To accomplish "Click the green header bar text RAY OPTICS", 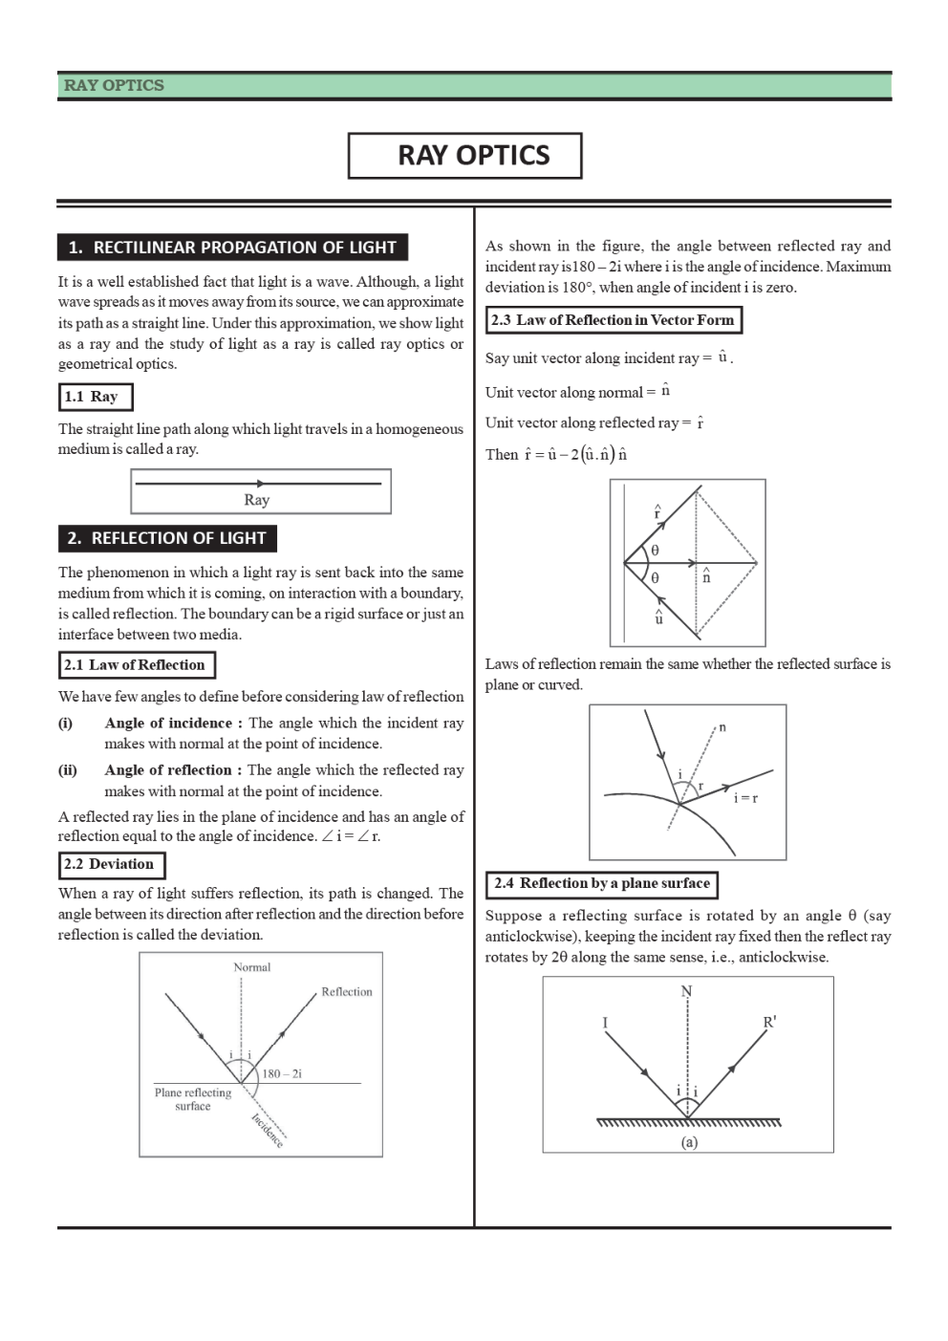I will pos(114,85).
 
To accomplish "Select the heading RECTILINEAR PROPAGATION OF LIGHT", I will pos(232,248).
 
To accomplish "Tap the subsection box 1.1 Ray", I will pos(95,397).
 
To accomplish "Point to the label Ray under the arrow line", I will pos(257,500).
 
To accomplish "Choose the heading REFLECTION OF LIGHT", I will pos(167,538).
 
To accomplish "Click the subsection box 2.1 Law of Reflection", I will pos(136,665).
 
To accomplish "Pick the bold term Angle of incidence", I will pos(168,723).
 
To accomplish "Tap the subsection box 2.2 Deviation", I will pos(111,864).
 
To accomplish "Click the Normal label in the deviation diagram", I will pos(252,967).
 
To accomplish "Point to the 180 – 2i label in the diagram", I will pos(282,1074).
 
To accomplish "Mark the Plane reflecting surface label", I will pos(193,1099).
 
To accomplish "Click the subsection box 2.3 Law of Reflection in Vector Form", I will pos(614,320).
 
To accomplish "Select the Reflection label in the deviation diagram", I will pos(347,992).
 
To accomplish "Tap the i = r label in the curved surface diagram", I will pos(745,798).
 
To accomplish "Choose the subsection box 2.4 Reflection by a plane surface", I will pos(602,884).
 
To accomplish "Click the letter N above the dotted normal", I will pos(686,991).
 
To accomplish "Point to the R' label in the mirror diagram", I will pos(769,1022).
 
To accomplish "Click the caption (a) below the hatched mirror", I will pos(689,1142).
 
